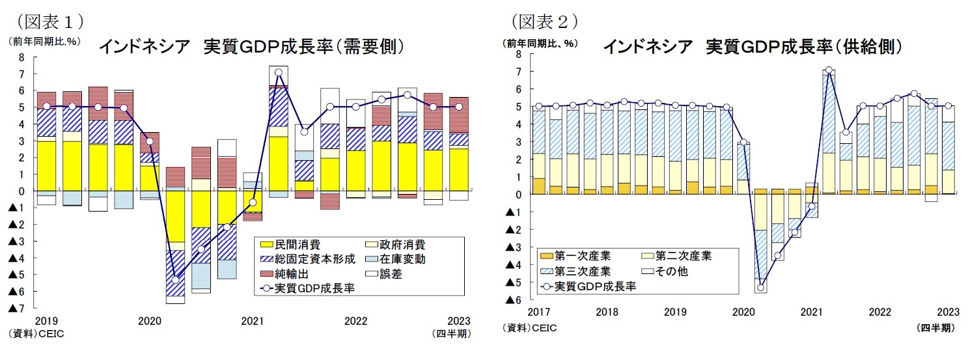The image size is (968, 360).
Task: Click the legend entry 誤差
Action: pyautogui.click(x=391, y=274)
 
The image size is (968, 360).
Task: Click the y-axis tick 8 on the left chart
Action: pyautogui.click(x=21, y=57)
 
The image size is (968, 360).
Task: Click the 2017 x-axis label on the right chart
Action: pyautogui.click(x=539, y=312)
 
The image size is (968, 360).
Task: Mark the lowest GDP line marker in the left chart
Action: pyautogui.click(x=175, y=280)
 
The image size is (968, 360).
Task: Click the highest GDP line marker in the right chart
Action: pyautogui.click(x=829, y=70)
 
